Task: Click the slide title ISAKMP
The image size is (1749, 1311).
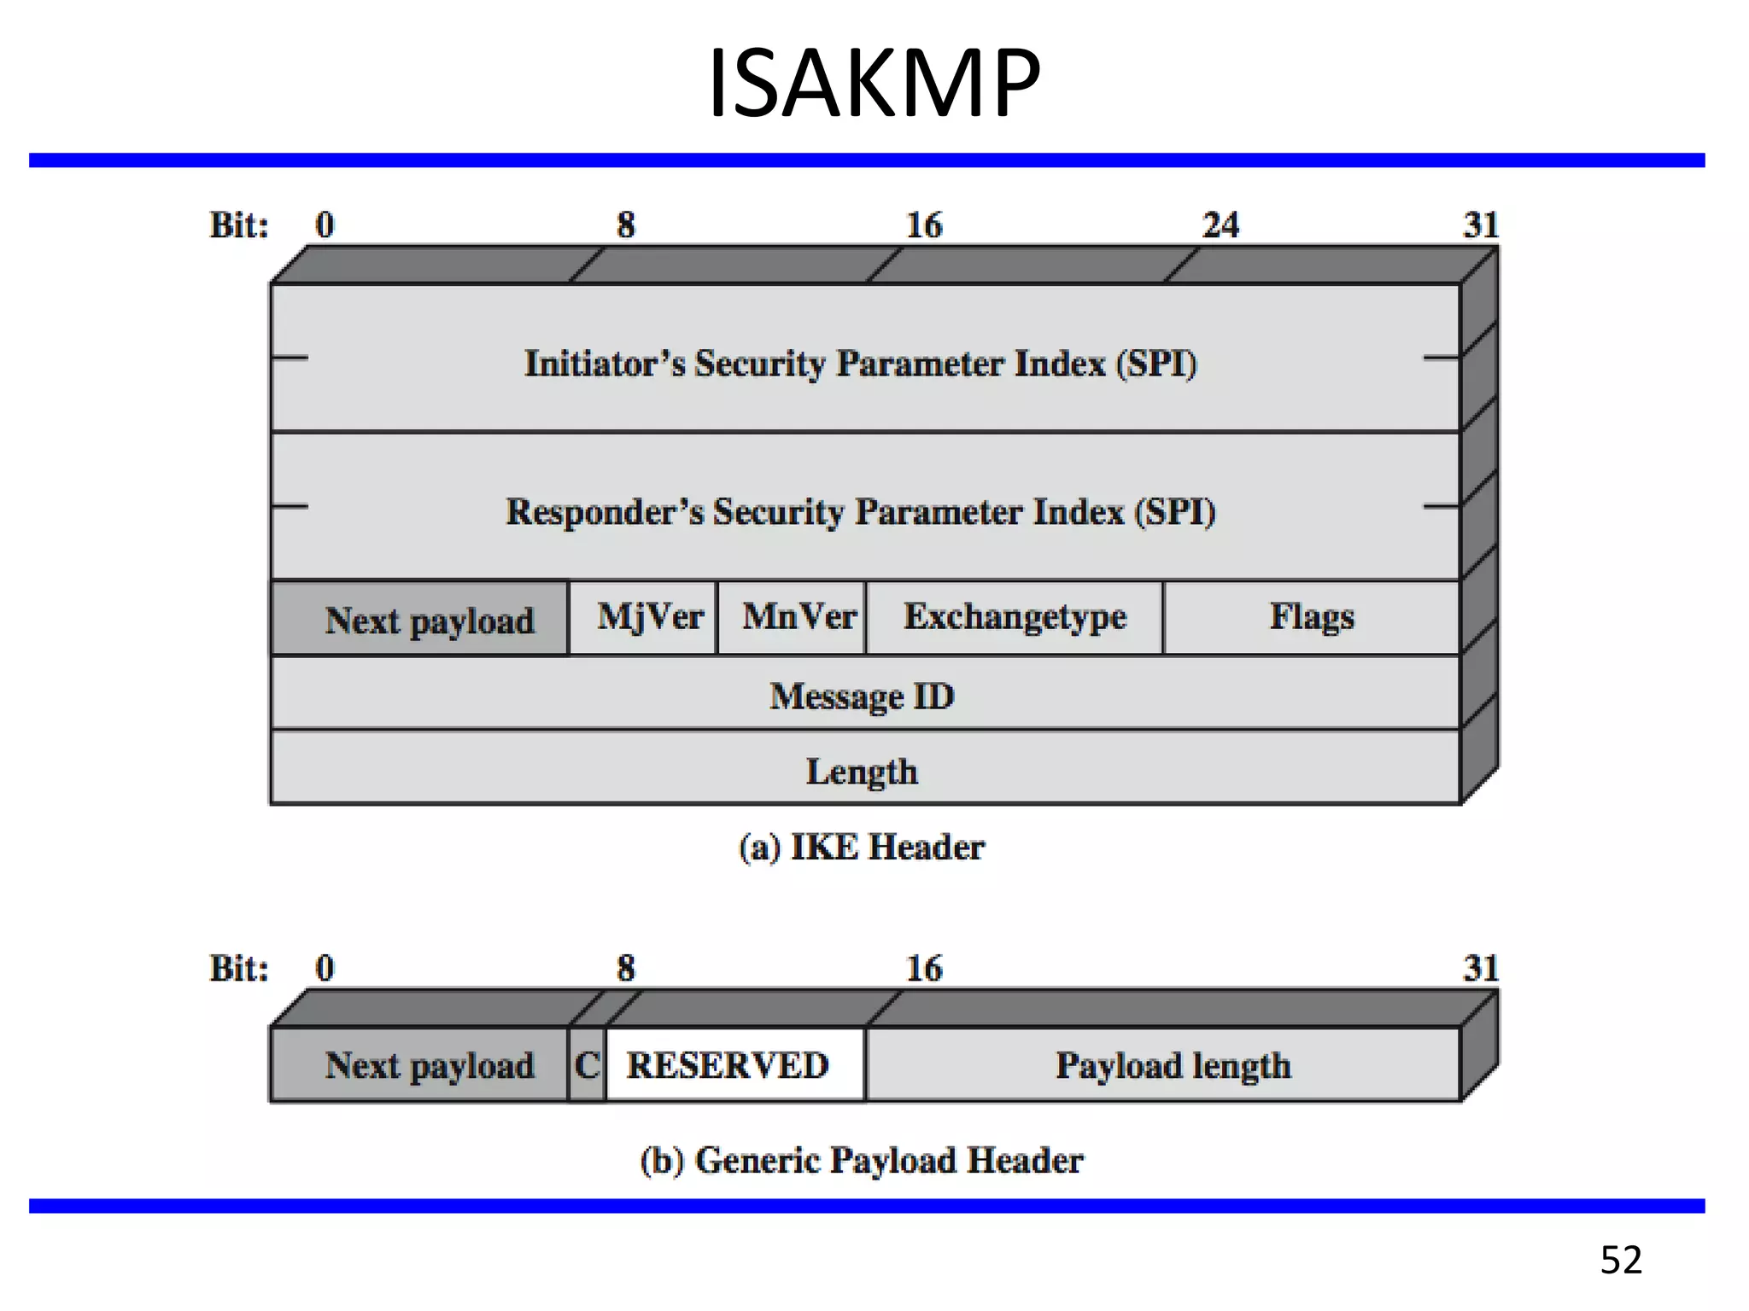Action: [x=874, y=84]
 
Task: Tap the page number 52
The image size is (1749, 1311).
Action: [x=1620, y=1260]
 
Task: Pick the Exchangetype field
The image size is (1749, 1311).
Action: [x=1015, y=618]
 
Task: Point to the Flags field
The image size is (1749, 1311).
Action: [x=1311, y=618]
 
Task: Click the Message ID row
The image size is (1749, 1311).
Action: [x=863, y=696]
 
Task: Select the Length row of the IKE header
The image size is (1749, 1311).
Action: [x=863, y=771]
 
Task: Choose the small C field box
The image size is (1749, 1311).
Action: [x=588, y=1065]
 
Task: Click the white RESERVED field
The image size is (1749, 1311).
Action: [x=728, y=1065]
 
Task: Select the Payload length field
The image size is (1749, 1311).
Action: [x=1172, y=1065]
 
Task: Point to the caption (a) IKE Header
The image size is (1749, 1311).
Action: [x=861, y=848]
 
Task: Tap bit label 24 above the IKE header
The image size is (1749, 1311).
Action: [x=1220, y=225]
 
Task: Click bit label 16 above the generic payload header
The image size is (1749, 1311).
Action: [x=923, y=969]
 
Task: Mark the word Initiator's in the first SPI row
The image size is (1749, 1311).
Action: [x=603, y=364]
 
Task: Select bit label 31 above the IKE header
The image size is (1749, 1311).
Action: [x=1480, y=225]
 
